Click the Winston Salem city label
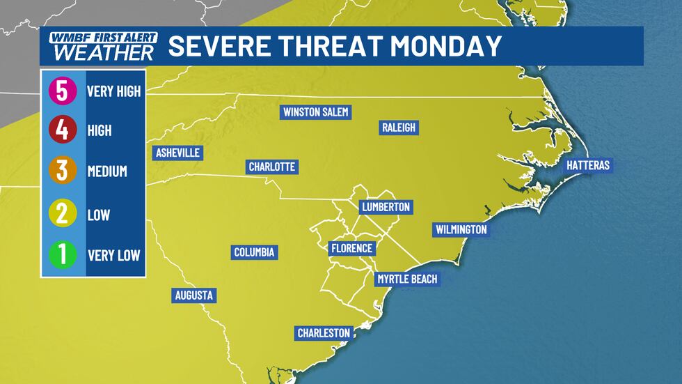click(x=315, y=112)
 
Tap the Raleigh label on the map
click(x=399, y=128)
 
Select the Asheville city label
click(x=177, y=153)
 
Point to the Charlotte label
click(x=273, y=167)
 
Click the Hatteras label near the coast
click(x=587, y=165)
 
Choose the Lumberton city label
click(x=386, y=207)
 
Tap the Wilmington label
click(x=461, y=229)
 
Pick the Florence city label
click(x=352, y=248)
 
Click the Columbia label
click(x=255, y=252)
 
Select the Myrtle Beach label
click(x=407, y=279)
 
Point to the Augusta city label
click(x=193, y=295)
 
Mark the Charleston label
click(x=324, y=333)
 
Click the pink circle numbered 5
click(x=62, y=91)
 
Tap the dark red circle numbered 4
click(x=62, y=130)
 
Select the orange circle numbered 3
click(x=62, y=171)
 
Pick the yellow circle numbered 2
click(x=62, y=213)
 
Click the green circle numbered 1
click(x=62, y=254)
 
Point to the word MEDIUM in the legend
click(x=107, y=171)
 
